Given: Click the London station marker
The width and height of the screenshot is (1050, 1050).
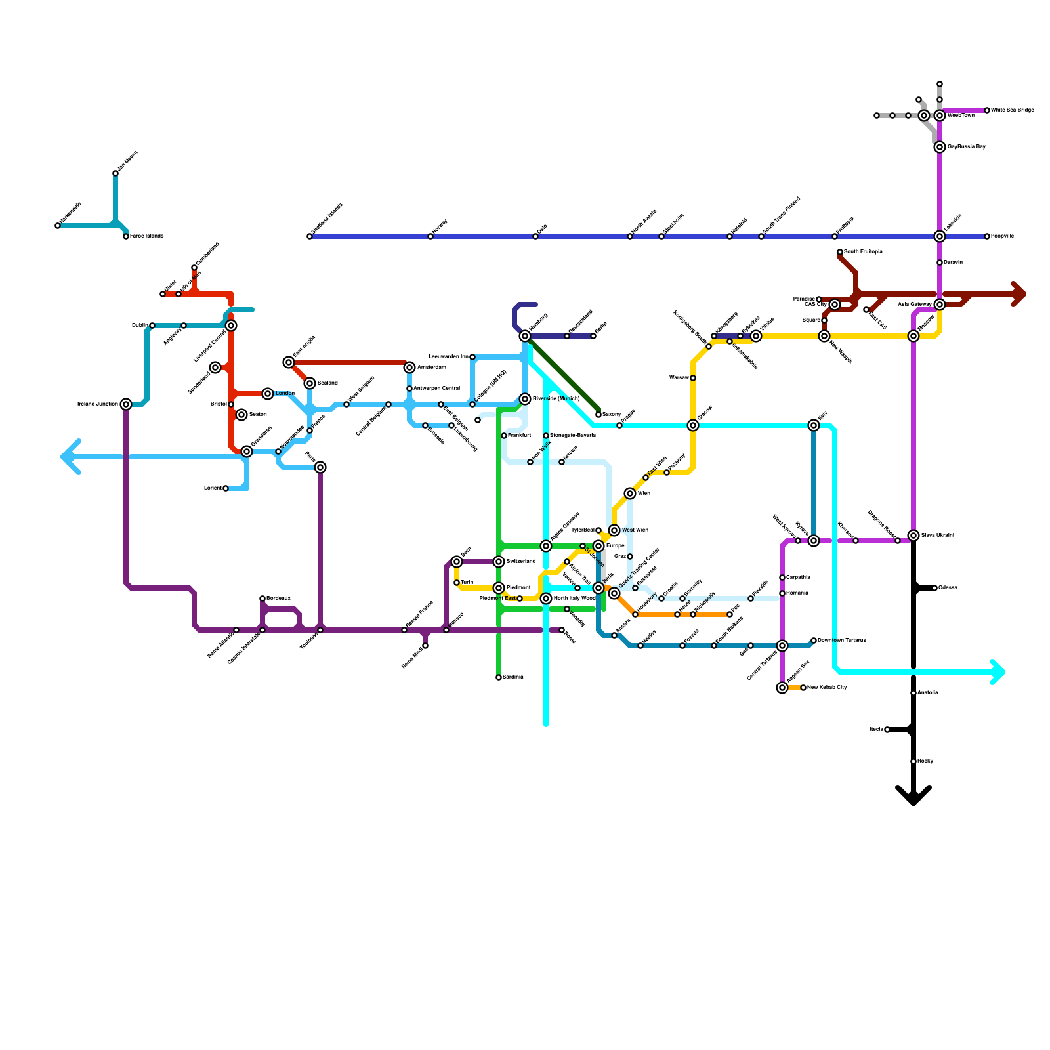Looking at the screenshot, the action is click(268, 394).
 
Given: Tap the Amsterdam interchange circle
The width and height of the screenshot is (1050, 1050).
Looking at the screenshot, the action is click(409, 367).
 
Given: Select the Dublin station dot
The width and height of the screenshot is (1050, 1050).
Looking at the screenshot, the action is click(152, 325).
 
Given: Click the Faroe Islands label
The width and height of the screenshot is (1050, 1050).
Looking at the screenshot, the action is click(146, 236).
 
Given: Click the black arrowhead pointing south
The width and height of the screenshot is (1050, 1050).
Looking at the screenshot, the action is click(913, 797).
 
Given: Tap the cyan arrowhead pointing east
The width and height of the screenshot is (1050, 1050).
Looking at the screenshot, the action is click(999, 672).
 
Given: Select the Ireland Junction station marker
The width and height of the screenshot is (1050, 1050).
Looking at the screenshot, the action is click(126, 404).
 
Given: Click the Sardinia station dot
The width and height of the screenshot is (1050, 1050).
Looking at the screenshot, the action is click(499, 677).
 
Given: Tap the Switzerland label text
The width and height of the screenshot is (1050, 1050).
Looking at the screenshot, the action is click(521, 562).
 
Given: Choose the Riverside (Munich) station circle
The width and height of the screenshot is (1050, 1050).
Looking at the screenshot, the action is click(525, 399).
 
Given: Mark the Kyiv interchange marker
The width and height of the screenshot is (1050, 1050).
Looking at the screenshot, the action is click(814, 425).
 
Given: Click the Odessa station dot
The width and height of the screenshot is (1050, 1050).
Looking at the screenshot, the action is click(934, 588).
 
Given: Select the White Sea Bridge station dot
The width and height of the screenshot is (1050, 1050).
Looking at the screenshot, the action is click(987, 110).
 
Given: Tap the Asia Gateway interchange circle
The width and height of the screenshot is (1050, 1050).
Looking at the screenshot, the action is click(940, 304).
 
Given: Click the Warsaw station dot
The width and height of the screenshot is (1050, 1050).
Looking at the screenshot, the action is click(693, 378).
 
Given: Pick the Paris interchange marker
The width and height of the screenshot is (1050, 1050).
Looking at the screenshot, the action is click(320, 467).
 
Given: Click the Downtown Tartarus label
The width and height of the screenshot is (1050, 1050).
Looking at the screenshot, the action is click(842, 640).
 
